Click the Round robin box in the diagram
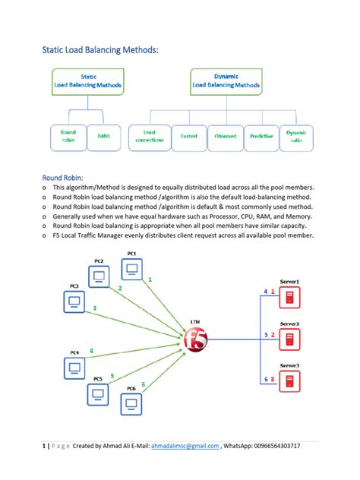[x=68, y=136]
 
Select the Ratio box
[x=104, y=136]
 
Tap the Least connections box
[x=149, y=136]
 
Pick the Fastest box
[x=188, y=136]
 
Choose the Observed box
[x=225, y=136]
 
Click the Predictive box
[x=261, y=136]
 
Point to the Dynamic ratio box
[x=296, y=136]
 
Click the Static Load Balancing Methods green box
[x=88, y=81]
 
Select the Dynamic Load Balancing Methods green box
[x=226, y=81]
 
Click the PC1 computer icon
[x=132, y=269]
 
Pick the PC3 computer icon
[x=74, y=302]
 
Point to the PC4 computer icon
[x=74, y=368]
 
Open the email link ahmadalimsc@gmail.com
[x=185, y=446]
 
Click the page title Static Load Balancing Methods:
[x=101, y=50]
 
